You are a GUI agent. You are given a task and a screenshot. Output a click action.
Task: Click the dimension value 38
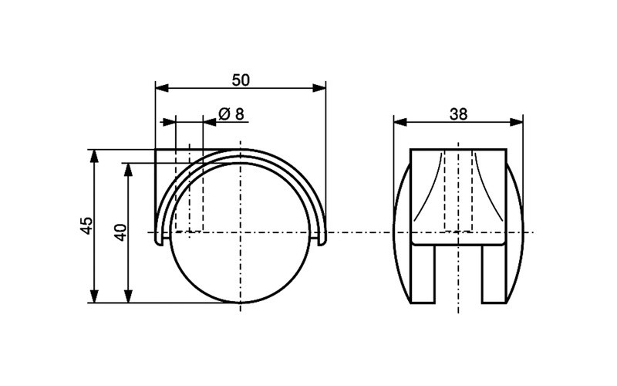[x=458, y=113]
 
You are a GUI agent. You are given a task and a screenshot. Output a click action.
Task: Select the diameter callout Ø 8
[x=231, y=113]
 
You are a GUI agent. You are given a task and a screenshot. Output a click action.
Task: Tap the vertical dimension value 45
[x=86, y=225]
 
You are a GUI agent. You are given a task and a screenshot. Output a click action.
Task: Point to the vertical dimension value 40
[x=120, y=232]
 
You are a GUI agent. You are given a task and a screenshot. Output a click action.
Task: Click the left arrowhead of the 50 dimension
[x=160, y=88]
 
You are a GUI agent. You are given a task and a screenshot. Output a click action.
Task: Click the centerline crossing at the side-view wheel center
[x=241, y=232]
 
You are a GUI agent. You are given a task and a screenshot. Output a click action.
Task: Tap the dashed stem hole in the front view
[x=458, y=189]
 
